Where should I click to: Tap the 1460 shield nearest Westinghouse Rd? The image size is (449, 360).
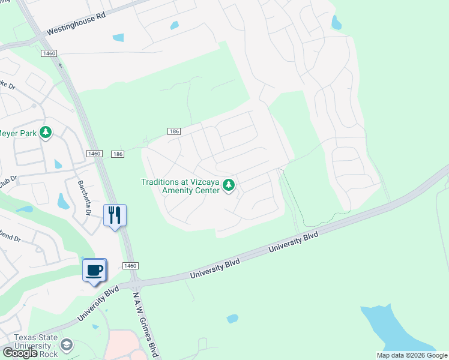pos(49,54)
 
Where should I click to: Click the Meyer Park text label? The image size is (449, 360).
pos(18,133)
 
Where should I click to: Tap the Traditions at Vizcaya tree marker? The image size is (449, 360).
pos(228,186)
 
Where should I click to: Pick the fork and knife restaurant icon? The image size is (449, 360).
pos(115,215)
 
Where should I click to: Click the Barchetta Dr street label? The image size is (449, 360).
pos(83,198)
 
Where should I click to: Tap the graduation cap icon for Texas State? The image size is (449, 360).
pos(66,345)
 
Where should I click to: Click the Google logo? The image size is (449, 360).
pos(20,353)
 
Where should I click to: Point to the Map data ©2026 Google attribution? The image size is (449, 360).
pos(412,355)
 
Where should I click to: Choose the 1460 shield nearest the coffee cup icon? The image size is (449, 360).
pos(131,266)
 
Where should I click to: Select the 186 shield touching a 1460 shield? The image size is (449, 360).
pos(118,154)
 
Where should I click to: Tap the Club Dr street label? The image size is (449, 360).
pos(8,179)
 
